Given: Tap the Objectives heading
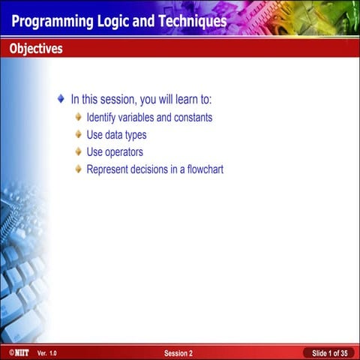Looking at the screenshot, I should click(36, 49).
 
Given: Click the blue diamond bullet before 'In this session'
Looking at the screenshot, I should click(61, 98).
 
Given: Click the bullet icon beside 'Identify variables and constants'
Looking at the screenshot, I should click(79, 117).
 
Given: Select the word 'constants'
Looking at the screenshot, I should click(193, 118).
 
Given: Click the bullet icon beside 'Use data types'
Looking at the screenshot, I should click(79, 134).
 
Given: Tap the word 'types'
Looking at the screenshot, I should click(133, 135).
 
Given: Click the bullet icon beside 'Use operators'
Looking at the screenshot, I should click(79, 151).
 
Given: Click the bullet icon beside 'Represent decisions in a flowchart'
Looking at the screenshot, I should click(79, 169).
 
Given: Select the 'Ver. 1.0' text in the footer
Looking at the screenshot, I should click(46, 352).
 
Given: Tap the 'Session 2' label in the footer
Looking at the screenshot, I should click(178, 352).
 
